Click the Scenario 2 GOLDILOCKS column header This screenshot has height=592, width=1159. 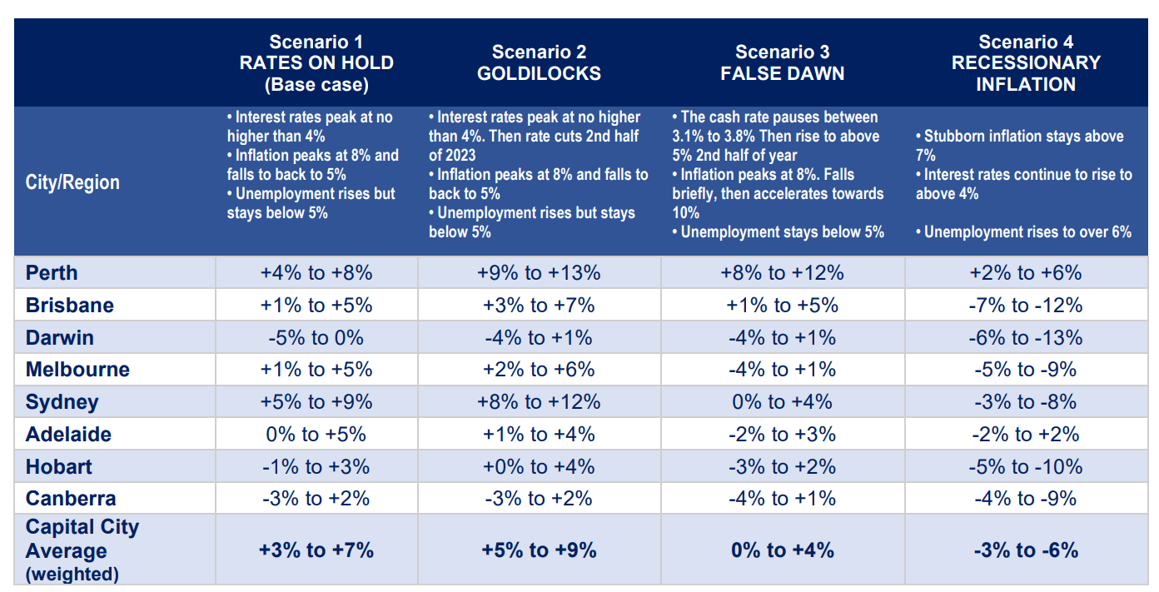tap(539, 62)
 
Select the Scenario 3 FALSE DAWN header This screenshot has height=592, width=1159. tap(782, 62)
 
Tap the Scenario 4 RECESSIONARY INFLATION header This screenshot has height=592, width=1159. tap(1026, 62)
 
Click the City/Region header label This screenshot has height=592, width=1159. tap(72, 182)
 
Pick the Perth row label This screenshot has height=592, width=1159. tap(52, 273)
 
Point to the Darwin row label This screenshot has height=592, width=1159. tap(60, 338)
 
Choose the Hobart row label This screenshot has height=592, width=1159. tap(59, 467)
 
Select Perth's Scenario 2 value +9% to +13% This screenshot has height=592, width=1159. tap(539, 273)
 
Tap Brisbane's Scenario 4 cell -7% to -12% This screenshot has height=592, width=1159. tap(1026, 306)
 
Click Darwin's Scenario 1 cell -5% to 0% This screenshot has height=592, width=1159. tap(316, 338)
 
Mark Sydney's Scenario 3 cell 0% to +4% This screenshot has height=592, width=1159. tap(782, 402)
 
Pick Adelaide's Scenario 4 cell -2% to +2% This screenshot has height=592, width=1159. tap(1026, 435)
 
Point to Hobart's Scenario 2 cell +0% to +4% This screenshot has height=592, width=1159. tap(539, 467)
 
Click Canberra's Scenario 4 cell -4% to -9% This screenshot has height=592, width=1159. tap(1026, 499)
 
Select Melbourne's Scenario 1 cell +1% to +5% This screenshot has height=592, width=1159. tap(316, 370)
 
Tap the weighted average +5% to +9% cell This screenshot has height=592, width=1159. tap(539, 550)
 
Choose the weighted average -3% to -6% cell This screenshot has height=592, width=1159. tap(1026, 550)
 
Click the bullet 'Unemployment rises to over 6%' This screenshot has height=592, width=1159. tap(1027, 232)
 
